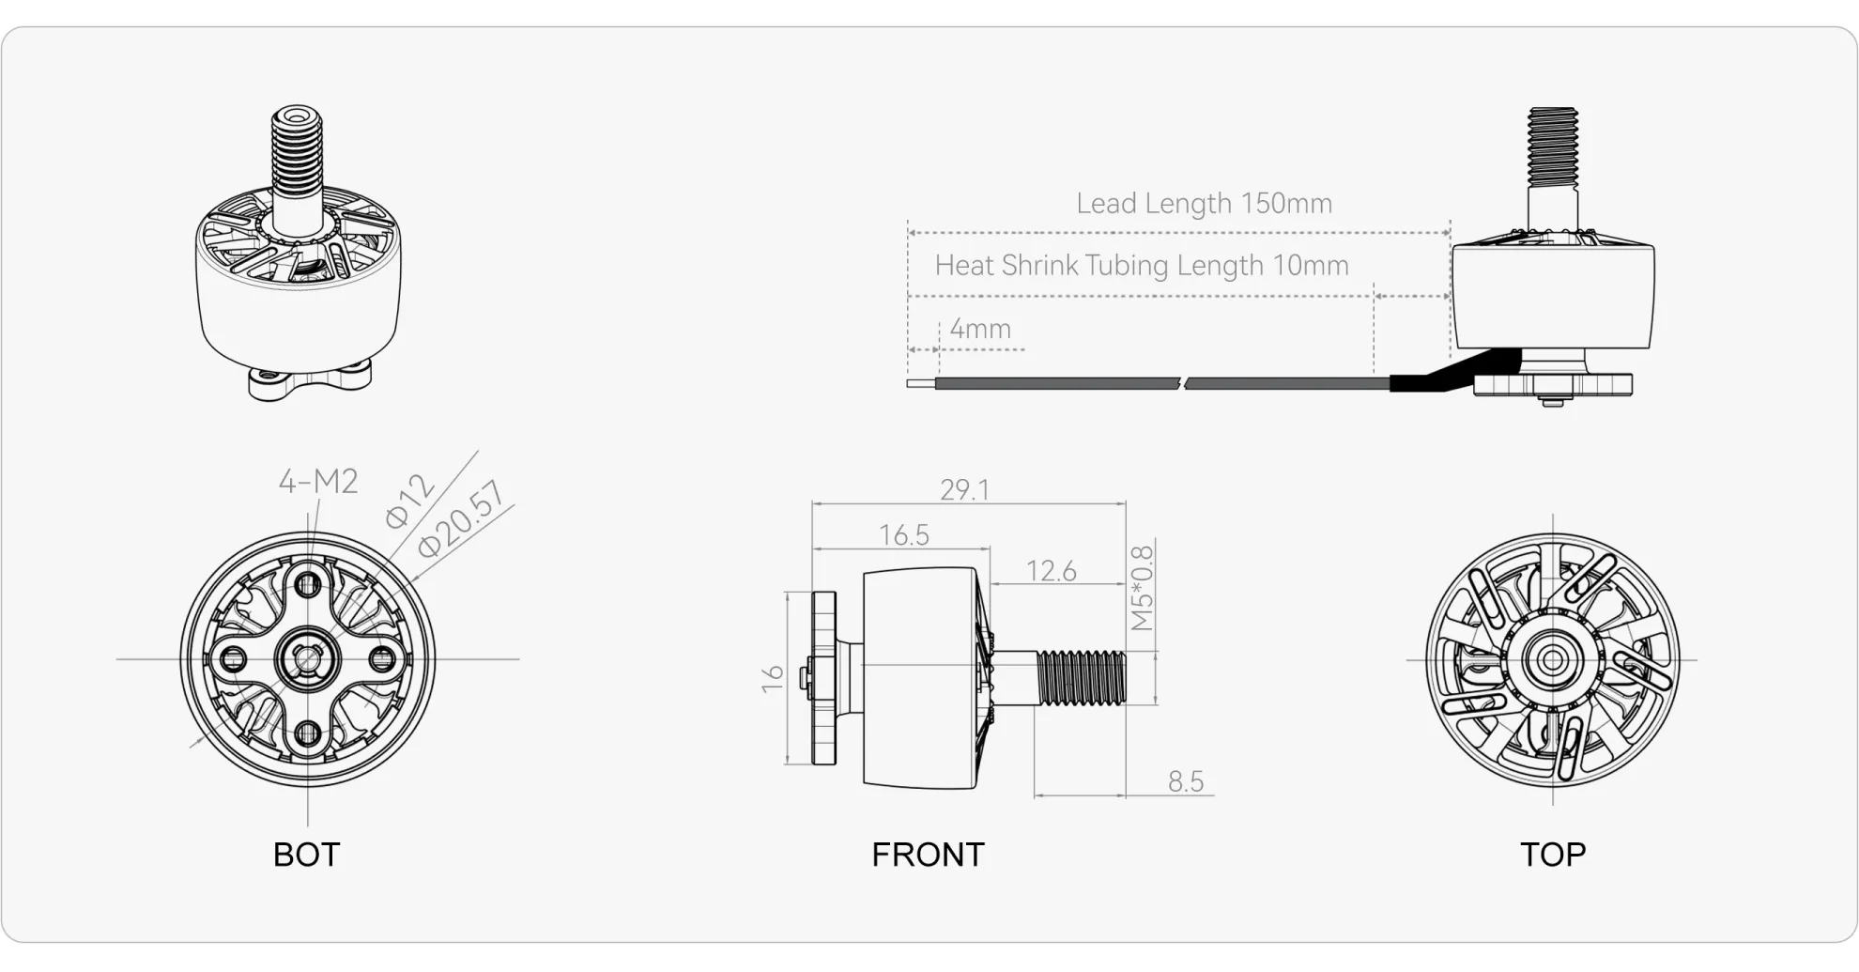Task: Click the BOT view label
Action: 306,855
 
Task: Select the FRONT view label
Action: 928,855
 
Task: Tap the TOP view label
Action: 1553,855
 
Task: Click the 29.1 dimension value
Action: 964,490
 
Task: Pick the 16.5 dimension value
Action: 903,535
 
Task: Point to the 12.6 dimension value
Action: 1051,571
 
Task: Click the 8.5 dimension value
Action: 1185,781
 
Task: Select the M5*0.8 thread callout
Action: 1141,588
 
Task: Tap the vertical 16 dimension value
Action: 772,679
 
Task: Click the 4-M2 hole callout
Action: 318,482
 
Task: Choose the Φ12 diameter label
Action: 409,501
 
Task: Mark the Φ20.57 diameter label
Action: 460,519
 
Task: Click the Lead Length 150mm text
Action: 1204,204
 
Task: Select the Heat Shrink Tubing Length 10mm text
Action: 1141,266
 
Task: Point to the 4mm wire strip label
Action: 979,329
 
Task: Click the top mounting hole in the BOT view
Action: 308,586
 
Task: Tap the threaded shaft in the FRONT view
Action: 1082,678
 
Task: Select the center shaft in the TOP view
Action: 1552,660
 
